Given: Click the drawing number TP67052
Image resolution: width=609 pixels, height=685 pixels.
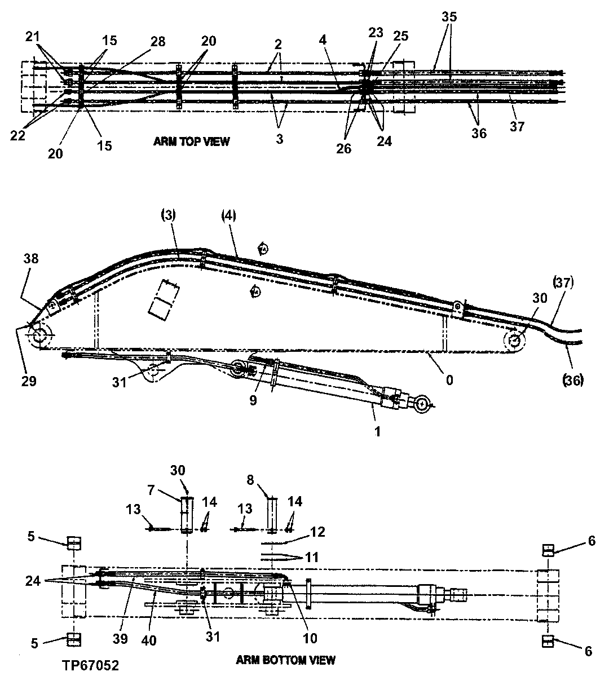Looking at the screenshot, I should coord(91,665).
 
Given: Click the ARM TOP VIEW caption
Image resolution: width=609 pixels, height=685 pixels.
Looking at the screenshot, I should coord(191,142).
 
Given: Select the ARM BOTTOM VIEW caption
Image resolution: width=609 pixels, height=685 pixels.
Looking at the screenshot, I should coord(285,660).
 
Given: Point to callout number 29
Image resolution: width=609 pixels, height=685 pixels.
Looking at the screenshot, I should coord(29,381).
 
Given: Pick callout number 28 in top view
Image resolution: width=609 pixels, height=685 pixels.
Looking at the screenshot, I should coord(158,42).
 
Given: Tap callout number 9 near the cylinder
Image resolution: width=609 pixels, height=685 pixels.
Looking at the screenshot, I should coord(254,401).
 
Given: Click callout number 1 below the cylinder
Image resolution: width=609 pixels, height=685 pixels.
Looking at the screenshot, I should coord(378,432).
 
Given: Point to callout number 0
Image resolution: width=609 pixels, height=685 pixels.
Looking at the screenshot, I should coord(449,380).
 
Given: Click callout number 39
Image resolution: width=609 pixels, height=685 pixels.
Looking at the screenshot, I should coord(120,639).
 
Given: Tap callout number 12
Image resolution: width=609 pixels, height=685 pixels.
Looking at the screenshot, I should coord(317,532).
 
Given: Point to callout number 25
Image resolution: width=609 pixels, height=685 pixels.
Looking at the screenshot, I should coord(400,36).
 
